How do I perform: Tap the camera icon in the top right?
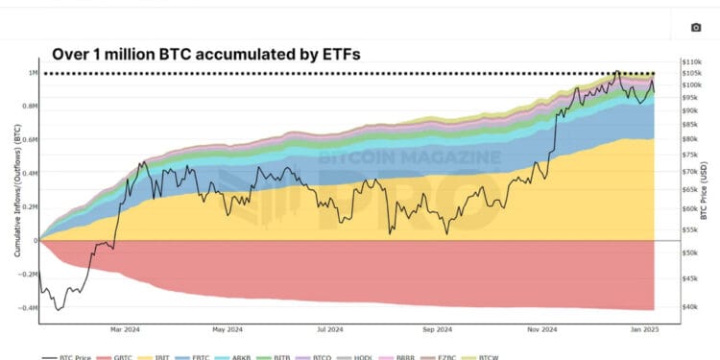pos(696,28)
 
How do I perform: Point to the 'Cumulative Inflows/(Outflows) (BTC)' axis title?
pos(16,192)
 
